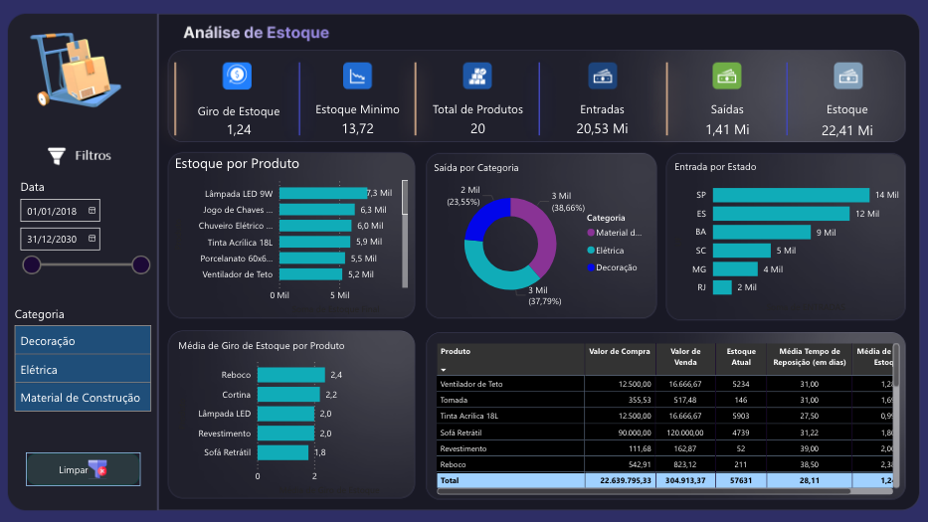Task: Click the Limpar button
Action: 83,469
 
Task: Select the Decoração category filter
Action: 83,341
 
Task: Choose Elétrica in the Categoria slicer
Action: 83,370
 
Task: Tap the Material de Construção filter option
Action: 83,398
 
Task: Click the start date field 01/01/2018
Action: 60,211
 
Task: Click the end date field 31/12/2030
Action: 60,239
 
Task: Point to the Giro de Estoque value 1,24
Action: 239,129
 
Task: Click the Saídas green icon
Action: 726,76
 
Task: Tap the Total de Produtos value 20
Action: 477,129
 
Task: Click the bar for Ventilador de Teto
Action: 311,274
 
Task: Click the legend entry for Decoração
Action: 617,267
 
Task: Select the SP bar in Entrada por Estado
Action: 791,195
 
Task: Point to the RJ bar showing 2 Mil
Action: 722,287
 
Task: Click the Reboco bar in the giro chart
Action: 290,375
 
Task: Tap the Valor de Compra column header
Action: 620,351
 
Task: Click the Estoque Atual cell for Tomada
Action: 740,401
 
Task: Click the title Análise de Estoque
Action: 256,33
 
